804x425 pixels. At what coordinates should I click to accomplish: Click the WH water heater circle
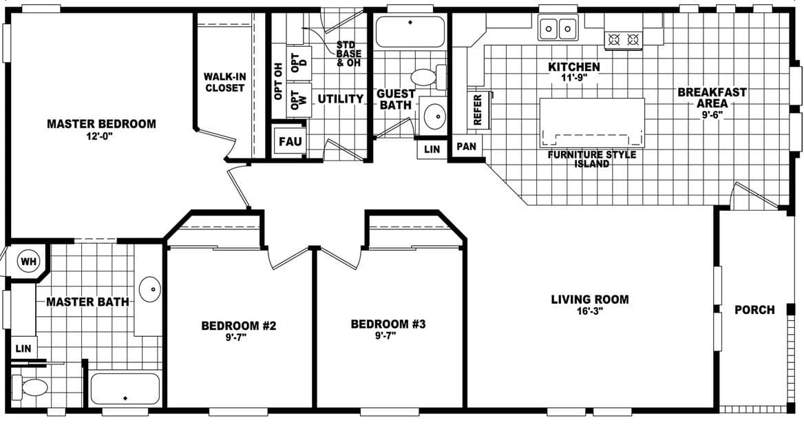coord(28,262)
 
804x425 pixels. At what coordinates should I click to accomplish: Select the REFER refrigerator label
coord(478,109)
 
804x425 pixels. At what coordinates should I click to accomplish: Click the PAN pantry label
coord(465,147)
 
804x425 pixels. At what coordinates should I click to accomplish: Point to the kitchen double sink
coord(558,28)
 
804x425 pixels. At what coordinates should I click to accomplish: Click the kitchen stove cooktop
coord(624,40)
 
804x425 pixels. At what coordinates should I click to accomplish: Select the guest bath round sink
coord(434,115)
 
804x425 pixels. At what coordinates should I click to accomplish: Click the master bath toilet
coord(30,387)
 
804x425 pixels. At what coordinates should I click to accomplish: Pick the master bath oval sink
coord(149,290)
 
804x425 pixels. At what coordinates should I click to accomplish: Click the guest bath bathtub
coord(410,31)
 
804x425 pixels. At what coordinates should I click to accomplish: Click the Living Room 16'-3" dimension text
coord(589,311)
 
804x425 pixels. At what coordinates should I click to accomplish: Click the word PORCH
coord(754,310)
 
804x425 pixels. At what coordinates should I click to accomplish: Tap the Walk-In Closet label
coord(224,83)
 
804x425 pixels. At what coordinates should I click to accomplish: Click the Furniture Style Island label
coord(591,159)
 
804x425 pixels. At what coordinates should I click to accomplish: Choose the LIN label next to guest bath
coord(432,148)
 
